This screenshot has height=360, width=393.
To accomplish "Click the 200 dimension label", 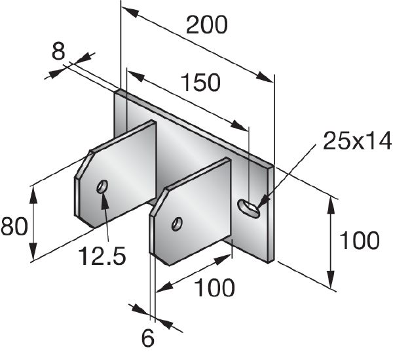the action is [207, 25].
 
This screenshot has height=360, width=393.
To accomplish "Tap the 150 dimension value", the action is [200, 82].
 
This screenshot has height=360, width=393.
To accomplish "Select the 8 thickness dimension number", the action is [58, 51].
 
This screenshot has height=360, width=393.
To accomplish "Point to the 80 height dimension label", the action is [14, 226].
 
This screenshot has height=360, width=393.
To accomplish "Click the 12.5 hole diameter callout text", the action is [102, 255].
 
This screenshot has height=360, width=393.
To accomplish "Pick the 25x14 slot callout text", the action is [357, 141].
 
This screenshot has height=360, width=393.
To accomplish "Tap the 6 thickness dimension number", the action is [148, 338].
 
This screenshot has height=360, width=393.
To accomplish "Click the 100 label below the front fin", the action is [215, 287].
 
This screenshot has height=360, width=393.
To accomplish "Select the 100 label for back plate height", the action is [359, 241].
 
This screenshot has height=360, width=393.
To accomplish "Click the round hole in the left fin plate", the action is [102, 186].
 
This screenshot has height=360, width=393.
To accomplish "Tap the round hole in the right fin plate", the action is [177, 224].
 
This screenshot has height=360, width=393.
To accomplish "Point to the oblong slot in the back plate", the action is [248, 208].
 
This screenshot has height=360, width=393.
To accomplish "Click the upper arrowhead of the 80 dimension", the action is [33, 194].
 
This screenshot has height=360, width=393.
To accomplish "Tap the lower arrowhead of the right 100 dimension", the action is [331, 279].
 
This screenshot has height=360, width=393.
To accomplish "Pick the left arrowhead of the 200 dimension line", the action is [130, 12].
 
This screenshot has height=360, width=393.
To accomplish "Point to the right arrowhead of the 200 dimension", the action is [265, 77].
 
